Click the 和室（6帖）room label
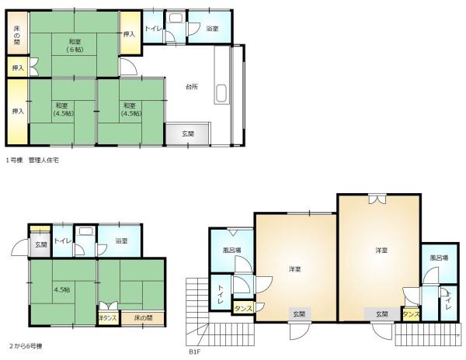coord(75,45)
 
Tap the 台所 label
coord(192,87)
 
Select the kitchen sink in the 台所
coord(221,93)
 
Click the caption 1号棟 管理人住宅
coord(33,161)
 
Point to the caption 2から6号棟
coord(26,346)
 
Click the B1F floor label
coord(195,351)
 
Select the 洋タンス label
coord(108,318)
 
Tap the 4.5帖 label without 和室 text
coord(62,289)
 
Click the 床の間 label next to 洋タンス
coord(143,318)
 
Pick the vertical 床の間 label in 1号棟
coord(17,36)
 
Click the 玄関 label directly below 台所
coord(188,134)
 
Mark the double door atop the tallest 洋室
coord(377,199)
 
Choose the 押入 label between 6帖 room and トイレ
coord(129,34)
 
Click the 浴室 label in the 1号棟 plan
coord(212,29)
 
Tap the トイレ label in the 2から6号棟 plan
coord(63,241)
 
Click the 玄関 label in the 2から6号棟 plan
coord(41,245)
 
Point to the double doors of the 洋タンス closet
coord(108,306)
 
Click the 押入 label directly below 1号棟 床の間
coord(18,68)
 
